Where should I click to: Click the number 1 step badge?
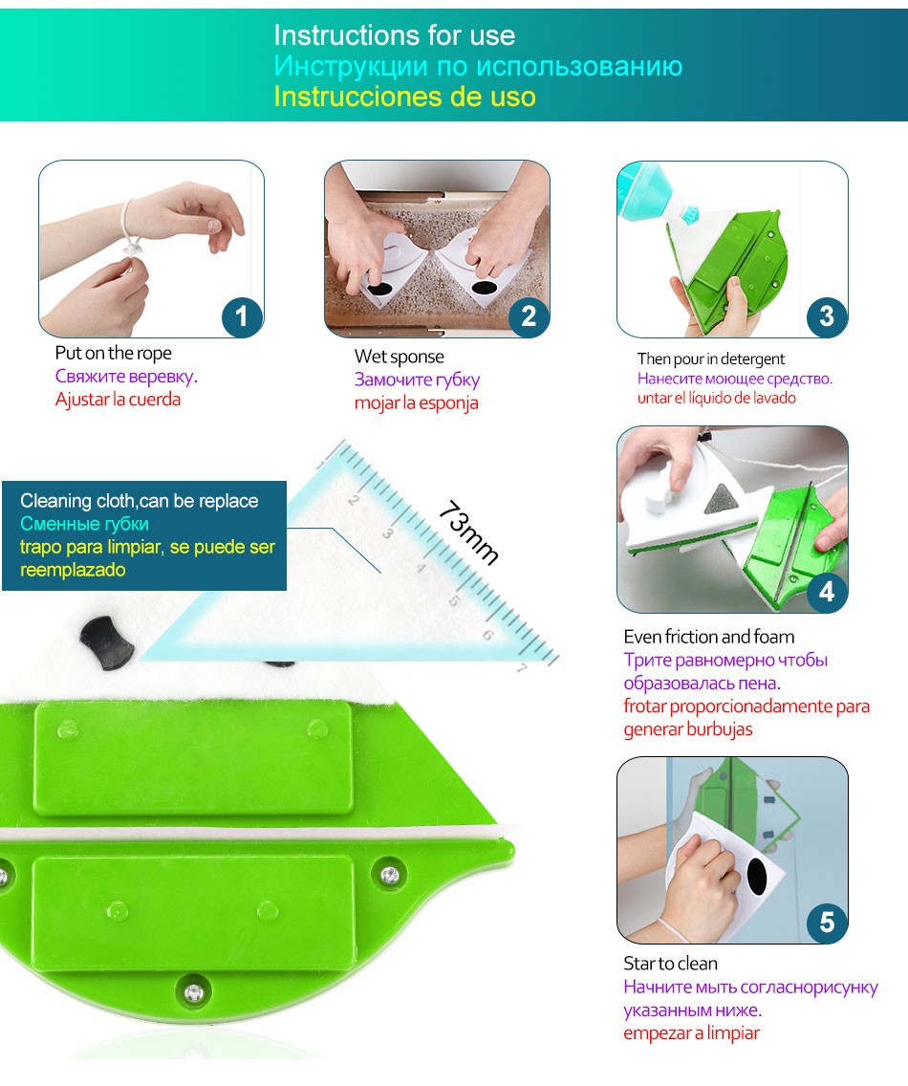[242, 316]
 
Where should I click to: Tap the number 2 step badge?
[529, 316]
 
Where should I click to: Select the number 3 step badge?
[827, 316]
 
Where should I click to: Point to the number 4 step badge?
[827, 592]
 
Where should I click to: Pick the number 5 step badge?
[827, 922]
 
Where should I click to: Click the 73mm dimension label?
[469, 532]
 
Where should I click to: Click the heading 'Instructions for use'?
[394, 35]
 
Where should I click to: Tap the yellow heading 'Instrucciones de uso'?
[404, 97]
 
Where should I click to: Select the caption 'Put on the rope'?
[114, 353]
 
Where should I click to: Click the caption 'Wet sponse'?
[399, 357]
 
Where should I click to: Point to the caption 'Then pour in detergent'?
[710, 358]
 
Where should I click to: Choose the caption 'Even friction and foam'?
[708, 637]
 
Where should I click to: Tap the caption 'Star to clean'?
[670, 964]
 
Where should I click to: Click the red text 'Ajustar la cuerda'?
[118, 400]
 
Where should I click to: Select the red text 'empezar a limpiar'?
[691, 1033]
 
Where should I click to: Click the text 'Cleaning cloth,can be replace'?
[140, 501]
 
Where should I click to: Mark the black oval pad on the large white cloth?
[107, 642]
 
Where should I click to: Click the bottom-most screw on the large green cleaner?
[195, 992]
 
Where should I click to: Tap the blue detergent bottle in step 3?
[655, 194]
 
